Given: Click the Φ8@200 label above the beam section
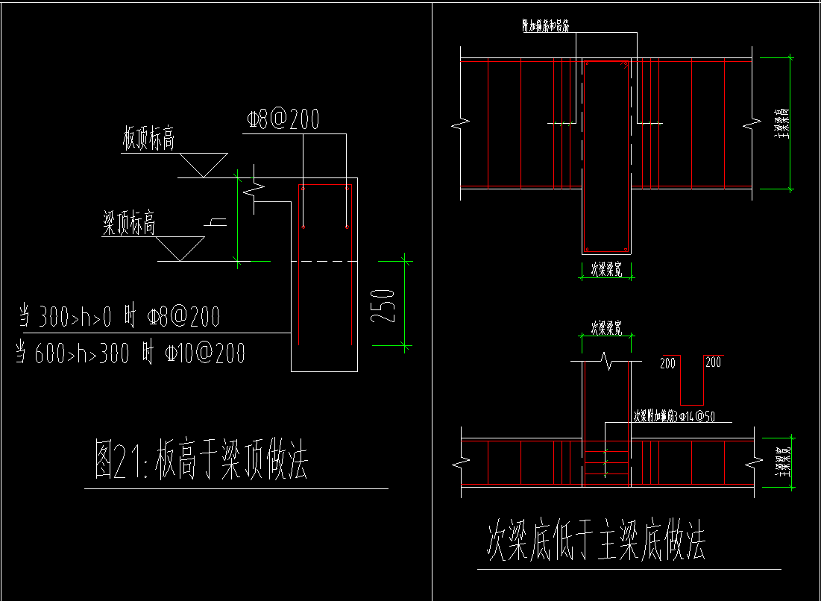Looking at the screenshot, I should click(283, 119).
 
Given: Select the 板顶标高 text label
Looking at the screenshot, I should click(149, 139).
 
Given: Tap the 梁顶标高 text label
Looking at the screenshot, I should click(129, 224).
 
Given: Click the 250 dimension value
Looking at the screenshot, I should click(383, 304).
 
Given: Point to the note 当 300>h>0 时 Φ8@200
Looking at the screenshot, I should click(119, 318).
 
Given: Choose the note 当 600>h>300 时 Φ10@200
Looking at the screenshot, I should click(131, 353).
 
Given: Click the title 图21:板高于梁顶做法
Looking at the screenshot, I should click(201, 461).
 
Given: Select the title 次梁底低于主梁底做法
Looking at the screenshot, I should click(596, 541).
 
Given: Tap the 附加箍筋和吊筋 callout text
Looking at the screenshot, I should click(546, 26).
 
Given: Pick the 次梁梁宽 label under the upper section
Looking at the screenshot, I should click(606, 268).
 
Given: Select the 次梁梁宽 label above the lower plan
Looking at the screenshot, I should click(606, 327).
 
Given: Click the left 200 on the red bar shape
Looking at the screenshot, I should click(667, 363).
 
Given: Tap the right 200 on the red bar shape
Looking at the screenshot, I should click(713, 363).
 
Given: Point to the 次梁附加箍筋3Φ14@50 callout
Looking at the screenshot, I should click(674, 416).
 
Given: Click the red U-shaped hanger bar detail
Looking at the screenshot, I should click(691, 380).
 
